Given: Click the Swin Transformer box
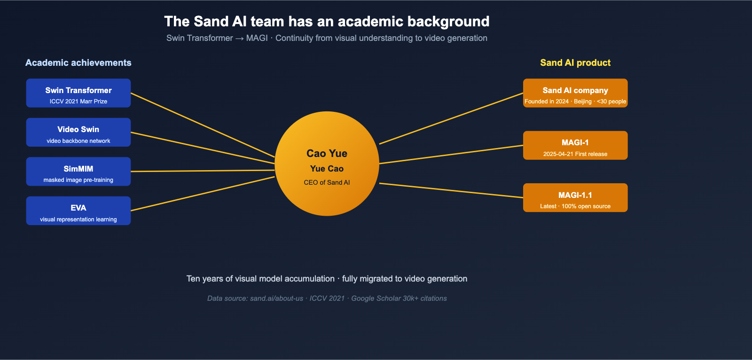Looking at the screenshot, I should (x=78, y=93).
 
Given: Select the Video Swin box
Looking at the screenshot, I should (x=78, y=132).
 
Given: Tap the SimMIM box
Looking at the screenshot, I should (x=78, y=172).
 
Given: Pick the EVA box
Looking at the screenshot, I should (x=78, y=211).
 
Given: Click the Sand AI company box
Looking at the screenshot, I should (x=575, y=93).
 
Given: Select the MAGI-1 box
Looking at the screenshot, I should (x=575, y=145).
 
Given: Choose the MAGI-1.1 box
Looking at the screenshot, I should (x=575, y=197).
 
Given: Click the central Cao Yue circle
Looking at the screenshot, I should (x=327, y=164).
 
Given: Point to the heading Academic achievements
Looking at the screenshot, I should (x=78, y=63).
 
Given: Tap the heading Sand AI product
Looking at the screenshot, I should (x=575, y=63).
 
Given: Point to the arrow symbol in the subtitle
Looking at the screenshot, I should (x=239, y=38).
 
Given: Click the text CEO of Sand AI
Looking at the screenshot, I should (x=327, y=183).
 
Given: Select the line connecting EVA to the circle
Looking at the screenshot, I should (x=202, y=194).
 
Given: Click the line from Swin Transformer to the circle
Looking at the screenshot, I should (x=202, y=125).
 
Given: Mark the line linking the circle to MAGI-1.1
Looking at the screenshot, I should (x=451, y=190).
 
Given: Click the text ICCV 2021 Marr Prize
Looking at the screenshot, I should (x=78, y=102).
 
